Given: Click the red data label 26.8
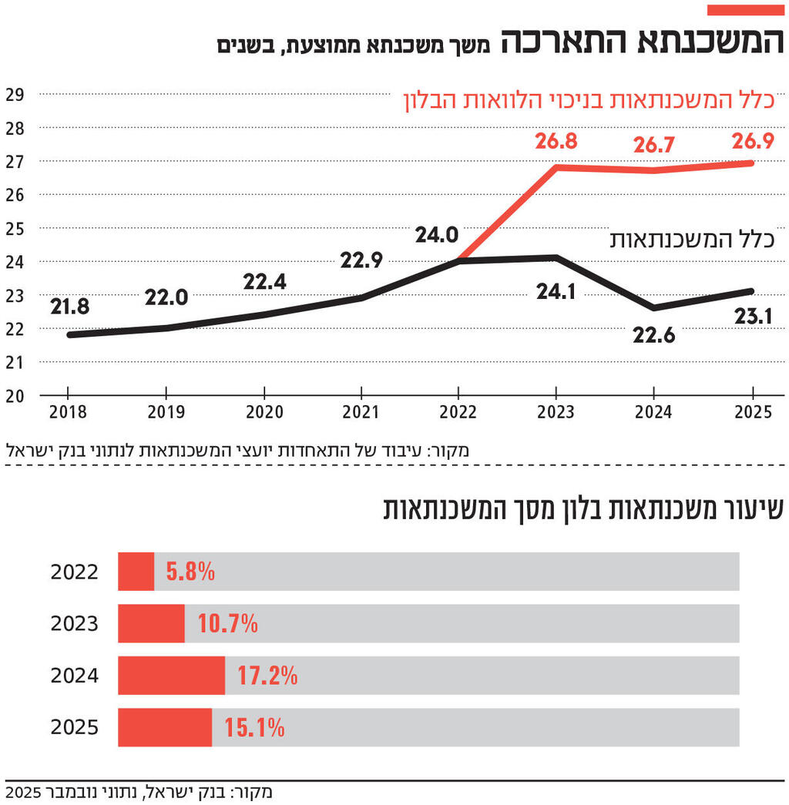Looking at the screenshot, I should (556, 142).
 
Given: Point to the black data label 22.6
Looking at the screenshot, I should (654, 336).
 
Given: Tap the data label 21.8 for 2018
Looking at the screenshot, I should (70, 307).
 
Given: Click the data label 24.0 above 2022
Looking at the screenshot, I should (438, 235).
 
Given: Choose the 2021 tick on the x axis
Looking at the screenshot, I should (361, 413).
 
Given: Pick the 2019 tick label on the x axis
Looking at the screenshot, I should (166, 413).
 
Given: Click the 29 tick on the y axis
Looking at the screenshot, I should (15, 95).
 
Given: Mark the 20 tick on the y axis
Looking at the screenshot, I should (15, 396).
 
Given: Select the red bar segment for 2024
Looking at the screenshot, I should (171, 676).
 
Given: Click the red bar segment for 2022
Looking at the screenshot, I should (136, 572).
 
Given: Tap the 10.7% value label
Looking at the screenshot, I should (227, 624).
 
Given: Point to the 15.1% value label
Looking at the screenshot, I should (254, 727).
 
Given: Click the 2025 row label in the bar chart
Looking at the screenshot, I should (75, 727).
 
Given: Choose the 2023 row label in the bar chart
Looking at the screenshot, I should (75, 623).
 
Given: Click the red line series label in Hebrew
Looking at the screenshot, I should (589, 101).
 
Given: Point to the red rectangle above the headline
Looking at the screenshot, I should (745, 9).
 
